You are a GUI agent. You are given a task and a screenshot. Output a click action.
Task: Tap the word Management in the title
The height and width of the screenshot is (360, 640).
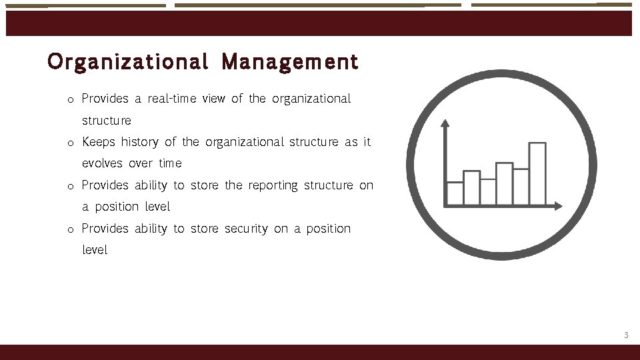290,62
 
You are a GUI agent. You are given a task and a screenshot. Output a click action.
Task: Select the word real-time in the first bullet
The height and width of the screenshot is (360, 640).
171,99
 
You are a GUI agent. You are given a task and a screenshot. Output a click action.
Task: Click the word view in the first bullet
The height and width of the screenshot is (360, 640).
213,99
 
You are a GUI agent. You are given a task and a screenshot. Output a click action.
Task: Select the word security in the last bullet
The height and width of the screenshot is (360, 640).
246,229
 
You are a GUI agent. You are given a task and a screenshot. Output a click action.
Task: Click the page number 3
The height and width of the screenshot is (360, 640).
625,335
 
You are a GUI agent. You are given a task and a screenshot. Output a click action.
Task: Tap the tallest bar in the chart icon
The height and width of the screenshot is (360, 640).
537,173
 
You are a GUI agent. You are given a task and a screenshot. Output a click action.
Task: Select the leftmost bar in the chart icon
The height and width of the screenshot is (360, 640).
455,193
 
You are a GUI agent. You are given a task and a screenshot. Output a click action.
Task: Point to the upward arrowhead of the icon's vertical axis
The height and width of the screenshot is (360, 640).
445,123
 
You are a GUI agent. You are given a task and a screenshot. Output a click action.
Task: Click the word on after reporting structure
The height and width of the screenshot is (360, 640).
366,185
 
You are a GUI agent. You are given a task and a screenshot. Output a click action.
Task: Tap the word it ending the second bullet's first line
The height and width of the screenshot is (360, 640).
367,142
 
